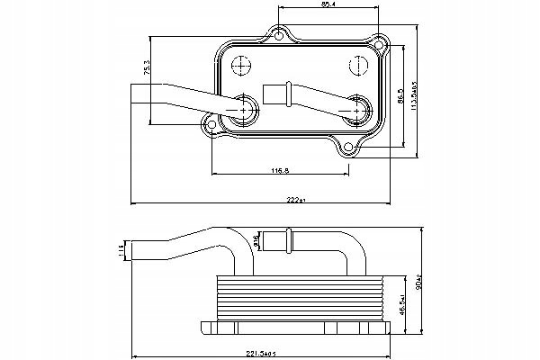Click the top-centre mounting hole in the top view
coord(281,36)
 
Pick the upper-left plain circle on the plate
coord(241,67)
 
